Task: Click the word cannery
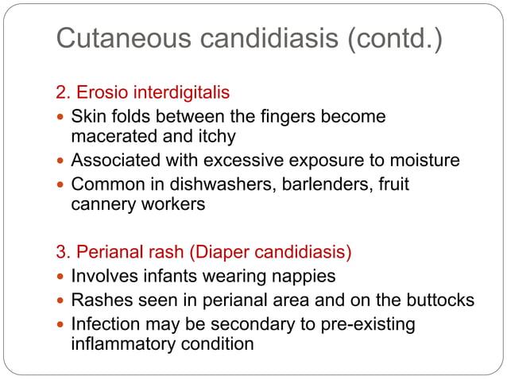point(101,204)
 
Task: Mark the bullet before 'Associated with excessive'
point(61,161)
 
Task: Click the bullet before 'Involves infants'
point(61,277)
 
